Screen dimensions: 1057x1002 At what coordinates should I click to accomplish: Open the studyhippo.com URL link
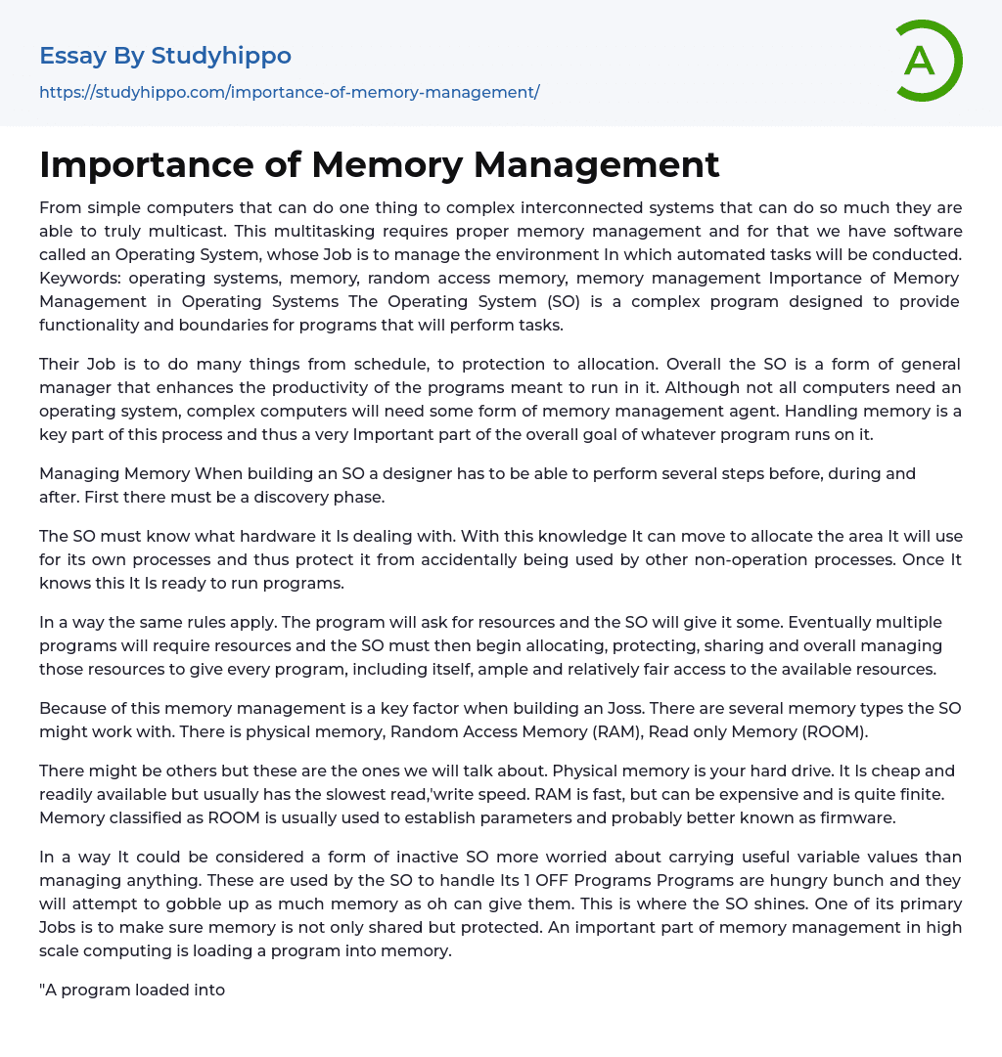289,92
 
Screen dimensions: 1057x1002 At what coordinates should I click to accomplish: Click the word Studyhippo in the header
221,56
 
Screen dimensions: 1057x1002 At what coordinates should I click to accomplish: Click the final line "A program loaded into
132,990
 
